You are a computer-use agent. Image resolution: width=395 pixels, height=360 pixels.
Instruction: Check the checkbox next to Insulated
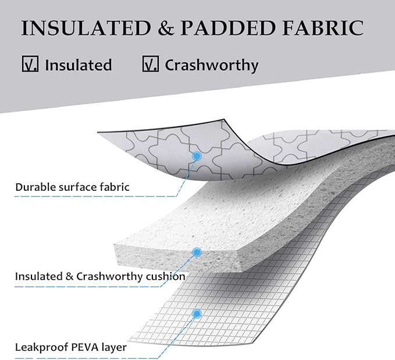tap(30, 64)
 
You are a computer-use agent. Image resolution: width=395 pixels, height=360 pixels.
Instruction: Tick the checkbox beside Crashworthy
tap(150, 64)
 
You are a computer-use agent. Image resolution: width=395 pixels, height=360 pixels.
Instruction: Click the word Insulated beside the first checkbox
tap(78, 65)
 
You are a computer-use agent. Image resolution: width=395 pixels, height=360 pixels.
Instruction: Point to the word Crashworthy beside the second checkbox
tap(211, 65)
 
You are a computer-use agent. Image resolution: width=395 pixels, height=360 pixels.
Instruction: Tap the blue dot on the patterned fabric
tap(197, 156)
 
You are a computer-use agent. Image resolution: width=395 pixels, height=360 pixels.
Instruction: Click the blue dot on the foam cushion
tap(197, 252)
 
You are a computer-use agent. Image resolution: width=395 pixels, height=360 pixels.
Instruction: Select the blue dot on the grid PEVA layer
tap(197, 313)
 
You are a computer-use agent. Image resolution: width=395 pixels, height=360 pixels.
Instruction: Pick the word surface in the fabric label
tap(77, 187)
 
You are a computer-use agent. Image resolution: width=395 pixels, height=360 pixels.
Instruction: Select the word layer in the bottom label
tap(113, 348)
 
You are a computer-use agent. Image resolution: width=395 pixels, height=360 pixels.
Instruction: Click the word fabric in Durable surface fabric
tap(115, 187)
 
